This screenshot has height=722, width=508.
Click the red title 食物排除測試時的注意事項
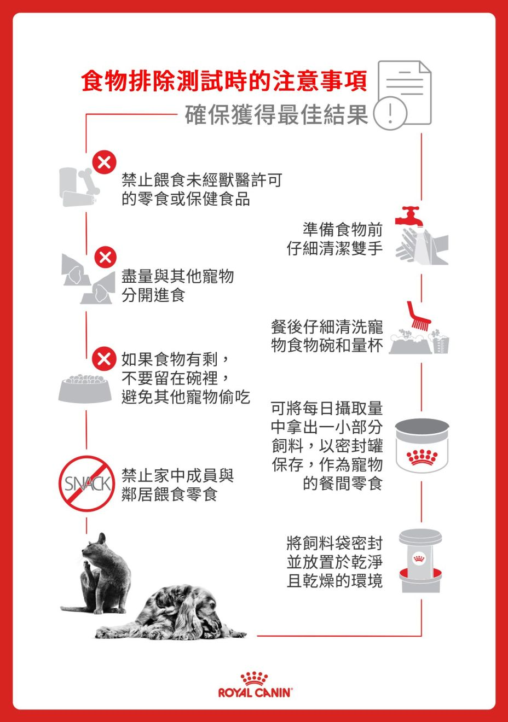coord(224,81)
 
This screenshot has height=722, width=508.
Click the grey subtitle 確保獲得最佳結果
coord(276,115)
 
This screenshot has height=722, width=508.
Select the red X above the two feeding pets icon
coord(106,258)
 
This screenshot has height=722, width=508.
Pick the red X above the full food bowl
coord(104,359)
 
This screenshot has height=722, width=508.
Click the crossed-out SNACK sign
coord(86,484)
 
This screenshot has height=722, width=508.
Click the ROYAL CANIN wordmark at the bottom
coord(255,692)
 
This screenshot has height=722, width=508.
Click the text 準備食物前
coord(343,230)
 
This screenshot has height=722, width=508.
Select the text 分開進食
coord(153,295)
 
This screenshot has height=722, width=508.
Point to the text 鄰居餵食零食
coord(169,494)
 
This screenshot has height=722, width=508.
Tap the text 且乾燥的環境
coord(334,581)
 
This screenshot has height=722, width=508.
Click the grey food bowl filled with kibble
coord(85,388)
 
